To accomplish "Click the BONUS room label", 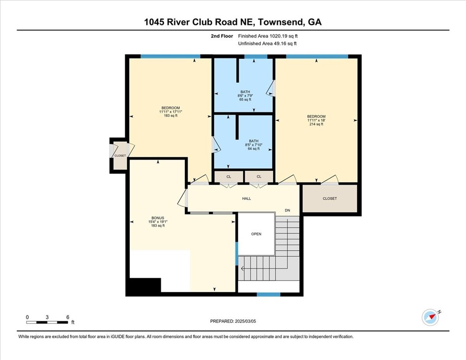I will (x=158, y=217).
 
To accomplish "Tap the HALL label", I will (x=246, y=199).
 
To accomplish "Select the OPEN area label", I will (x=256, y=234).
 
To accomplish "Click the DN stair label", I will (x=287, y=211).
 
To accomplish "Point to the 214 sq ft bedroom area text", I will (x=316, y=124).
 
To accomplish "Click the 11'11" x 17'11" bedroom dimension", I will (x=171, y=112).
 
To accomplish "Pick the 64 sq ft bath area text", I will (x=254, y=149).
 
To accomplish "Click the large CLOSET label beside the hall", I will (x=330, y=199).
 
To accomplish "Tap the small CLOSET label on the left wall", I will (x=120, y=155).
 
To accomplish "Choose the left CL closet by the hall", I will (x=228, y=176).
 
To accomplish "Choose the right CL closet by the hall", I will (x=259, y=176).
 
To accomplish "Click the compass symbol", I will (x=430, y=317).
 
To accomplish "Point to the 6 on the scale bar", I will (x=68, y=317).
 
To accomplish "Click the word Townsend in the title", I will (x=280, y=22).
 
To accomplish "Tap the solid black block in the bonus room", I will (x=144, y=286).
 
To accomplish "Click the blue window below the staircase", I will (x=269, y=294).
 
